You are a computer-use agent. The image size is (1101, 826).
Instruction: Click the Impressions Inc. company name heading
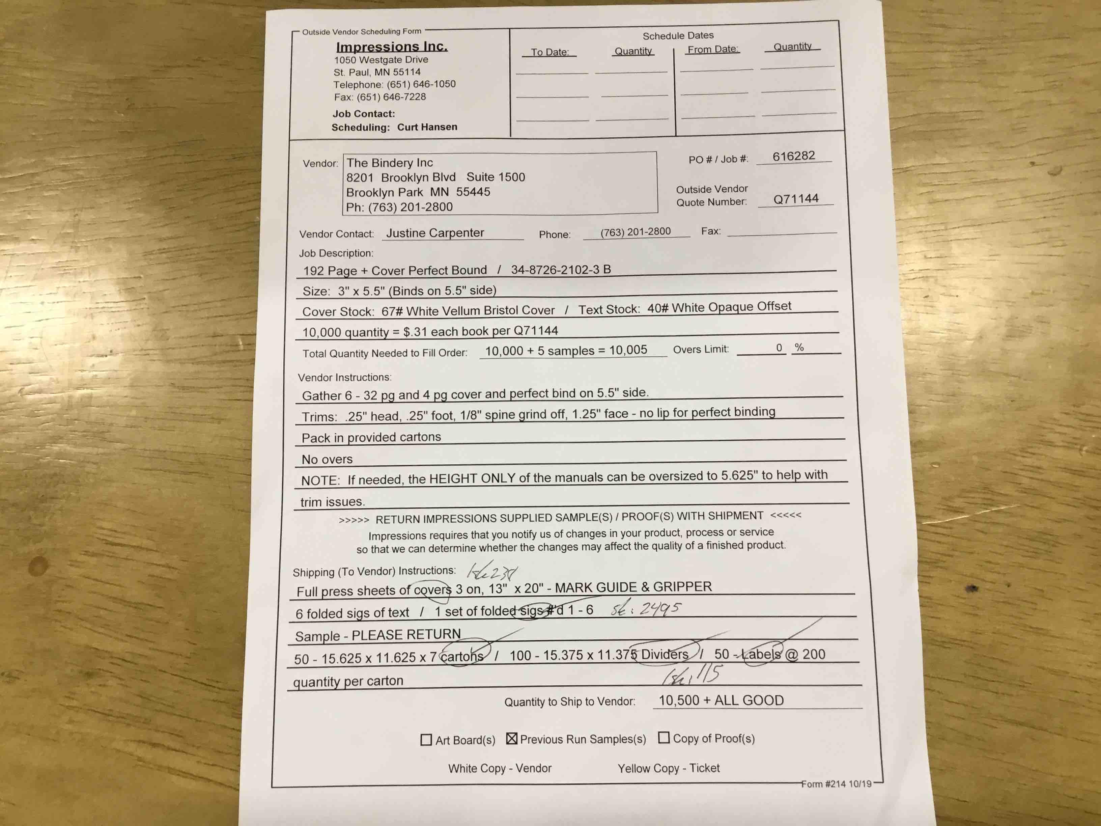pos(392,47)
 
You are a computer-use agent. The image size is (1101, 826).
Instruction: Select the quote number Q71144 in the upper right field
pos(795,199)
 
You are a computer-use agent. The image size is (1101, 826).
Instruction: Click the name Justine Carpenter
pos(435,233)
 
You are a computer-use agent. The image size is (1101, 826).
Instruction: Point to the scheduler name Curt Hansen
pos(427,127)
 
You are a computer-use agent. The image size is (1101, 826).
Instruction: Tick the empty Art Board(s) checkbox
pos(426,740)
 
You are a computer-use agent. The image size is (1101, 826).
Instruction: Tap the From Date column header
pos(713,49)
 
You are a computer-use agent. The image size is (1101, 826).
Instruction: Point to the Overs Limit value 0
pos(779,348)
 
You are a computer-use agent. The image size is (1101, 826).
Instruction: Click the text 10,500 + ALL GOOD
pos(721,700)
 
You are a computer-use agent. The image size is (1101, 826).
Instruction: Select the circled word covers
pos(432,590)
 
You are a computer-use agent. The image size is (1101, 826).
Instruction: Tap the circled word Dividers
pos(665,654)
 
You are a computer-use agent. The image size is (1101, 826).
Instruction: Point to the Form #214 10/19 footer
pos(836,784)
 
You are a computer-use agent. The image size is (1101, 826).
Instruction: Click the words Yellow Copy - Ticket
pos(669,768)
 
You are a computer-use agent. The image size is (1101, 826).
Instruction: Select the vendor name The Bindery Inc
pos(390,163)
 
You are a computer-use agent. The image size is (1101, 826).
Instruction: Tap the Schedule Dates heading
pos(678,36)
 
